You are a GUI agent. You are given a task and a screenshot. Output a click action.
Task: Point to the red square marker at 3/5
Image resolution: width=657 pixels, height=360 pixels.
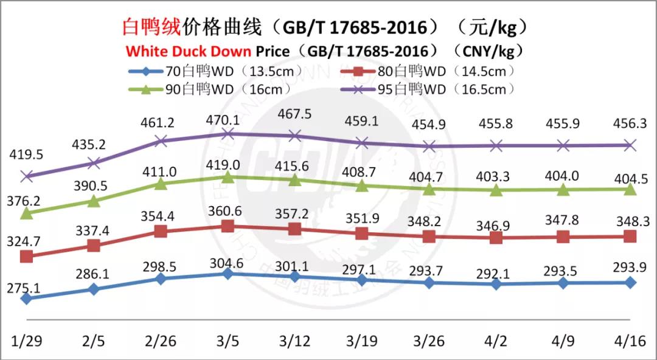[228, 226]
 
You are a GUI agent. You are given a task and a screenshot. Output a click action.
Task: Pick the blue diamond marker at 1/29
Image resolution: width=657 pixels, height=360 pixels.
[26, 299]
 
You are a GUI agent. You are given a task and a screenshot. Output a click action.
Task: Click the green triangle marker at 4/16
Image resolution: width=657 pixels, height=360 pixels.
[630, 190]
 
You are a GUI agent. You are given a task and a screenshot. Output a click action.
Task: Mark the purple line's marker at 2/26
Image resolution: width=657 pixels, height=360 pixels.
[161, 141]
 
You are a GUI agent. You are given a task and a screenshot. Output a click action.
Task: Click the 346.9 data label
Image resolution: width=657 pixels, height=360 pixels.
[496, 226]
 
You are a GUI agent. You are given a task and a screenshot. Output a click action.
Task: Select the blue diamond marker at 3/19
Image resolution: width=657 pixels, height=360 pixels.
[362, 280]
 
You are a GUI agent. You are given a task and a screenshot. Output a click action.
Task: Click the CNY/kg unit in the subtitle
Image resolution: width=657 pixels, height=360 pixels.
[487, 50]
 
